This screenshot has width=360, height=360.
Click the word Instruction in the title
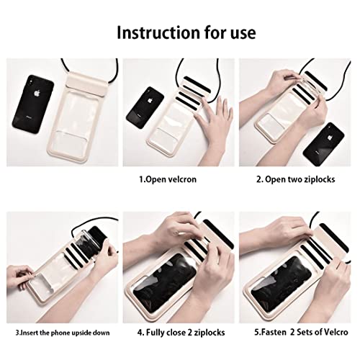158,32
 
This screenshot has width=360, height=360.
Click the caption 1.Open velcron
168,179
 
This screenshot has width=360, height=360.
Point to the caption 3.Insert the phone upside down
63,333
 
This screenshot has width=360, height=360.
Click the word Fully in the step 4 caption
156,333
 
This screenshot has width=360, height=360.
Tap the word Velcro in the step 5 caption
336,332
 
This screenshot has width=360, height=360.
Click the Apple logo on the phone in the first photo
37,93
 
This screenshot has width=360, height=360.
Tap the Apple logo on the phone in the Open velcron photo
150,100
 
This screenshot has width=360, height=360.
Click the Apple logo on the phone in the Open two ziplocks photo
330,138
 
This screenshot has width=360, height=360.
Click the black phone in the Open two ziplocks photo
324,144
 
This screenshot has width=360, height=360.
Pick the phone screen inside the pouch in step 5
282,282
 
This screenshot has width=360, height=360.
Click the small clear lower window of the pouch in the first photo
71,143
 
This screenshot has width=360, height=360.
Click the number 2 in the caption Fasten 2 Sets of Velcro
292,333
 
